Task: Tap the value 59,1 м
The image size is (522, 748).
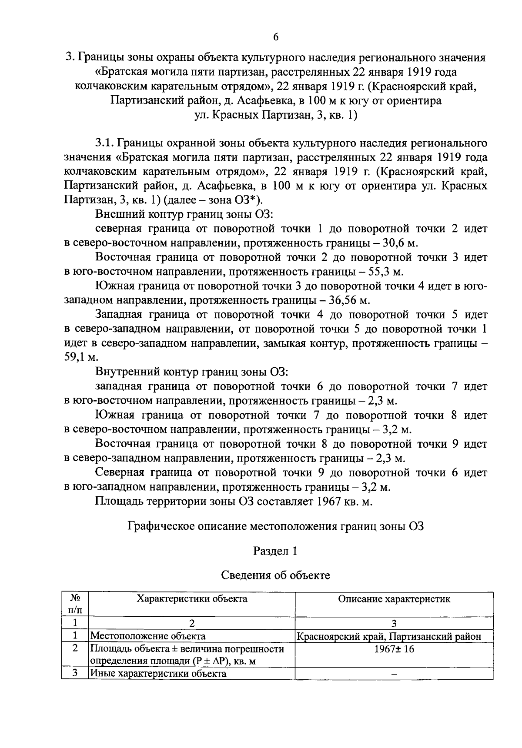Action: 81,358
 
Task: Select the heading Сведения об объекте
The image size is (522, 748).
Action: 275,575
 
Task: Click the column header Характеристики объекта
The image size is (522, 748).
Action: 192,599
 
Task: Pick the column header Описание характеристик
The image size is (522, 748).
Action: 394,599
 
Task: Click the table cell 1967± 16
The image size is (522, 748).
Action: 394,649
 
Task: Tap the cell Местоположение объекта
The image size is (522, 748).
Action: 148,636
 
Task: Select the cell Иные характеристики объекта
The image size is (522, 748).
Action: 158,674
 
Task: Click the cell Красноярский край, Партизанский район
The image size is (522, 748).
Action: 389,637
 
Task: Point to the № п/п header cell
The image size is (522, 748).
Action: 75,604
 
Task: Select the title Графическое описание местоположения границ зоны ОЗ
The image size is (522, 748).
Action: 275,526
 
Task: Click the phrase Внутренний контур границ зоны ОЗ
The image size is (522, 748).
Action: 192,372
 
